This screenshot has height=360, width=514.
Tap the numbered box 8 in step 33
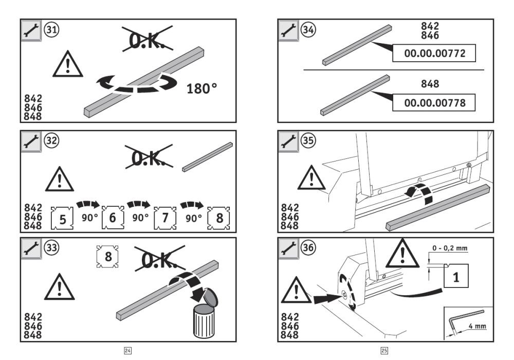pos(108,256)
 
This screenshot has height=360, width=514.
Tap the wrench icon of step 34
pos(288,30)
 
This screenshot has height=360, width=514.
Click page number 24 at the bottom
pos(128,351)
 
